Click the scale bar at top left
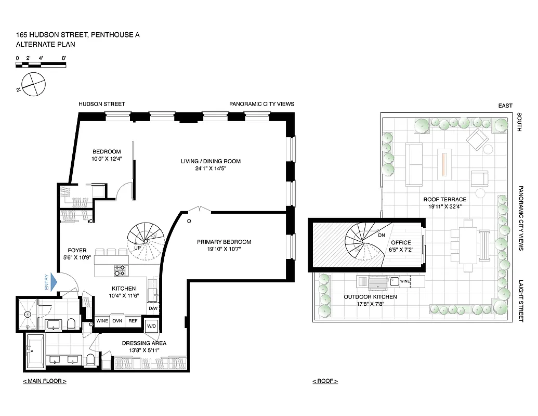pos(41,65)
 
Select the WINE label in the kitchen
pos(102,321)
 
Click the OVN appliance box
pos(118,321)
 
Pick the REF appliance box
pos(133,321)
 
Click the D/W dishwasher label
pos(153,308)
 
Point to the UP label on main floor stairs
pos(137,248)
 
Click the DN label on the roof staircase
pos(381,235)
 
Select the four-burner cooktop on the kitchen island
pos(120,270)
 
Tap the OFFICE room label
pos(401,242)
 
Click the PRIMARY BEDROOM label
pos(224,242)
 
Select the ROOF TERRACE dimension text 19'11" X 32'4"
pos(444,206)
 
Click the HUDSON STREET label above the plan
pos(102,104)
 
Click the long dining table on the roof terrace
pos(468,244)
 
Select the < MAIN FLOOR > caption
pos(44,381)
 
